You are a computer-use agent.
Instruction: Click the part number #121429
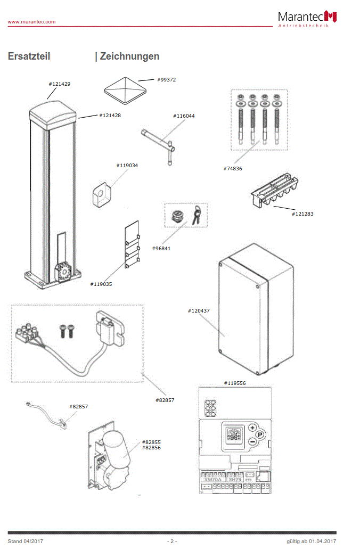tap(60, 84)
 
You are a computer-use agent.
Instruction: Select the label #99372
tap(167, 79)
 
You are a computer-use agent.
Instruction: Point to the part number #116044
tap(183, 116)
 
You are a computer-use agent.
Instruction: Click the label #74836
tap(233, 168)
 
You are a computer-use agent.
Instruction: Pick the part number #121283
tap(302, 214)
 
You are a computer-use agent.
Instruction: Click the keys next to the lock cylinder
tap(197, 215)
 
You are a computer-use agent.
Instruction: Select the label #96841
tap(161, 248)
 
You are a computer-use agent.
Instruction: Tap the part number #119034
tap(127, 165)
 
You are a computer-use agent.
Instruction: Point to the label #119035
tap(101, 284)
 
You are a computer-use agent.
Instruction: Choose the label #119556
tap(235, 383)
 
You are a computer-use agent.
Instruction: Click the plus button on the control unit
tap(252, 427)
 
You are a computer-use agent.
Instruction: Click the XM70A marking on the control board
tap(212, 479)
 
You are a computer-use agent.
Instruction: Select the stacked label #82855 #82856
tap(152, 445)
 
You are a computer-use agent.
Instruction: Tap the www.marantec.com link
tap(31, 21)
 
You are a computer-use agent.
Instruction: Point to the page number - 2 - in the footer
tap(171, 541)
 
